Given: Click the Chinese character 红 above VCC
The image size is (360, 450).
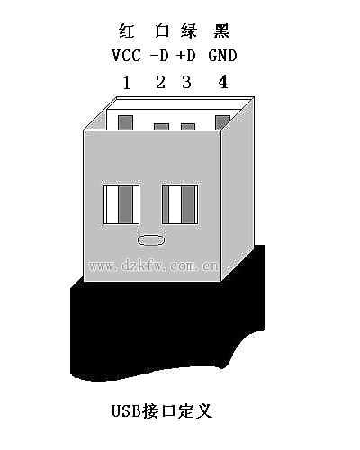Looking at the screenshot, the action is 126,31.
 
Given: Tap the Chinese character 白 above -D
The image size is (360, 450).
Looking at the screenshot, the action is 162,31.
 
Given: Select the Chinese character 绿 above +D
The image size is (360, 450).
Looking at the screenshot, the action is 189,31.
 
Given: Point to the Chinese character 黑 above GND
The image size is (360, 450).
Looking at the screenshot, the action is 221,31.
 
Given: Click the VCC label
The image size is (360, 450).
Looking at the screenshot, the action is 126,56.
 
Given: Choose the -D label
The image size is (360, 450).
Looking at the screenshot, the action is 159,56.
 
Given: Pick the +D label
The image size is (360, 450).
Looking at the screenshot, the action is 186,56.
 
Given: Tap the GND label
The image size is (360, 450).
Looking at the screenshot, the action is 222,56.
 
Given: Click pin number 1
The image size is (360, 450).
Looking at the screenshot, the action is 127,83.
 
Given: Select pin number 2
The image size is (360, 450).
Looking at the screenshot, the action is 161,82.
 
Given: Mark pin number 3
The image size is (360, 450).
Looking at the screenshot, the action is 186,82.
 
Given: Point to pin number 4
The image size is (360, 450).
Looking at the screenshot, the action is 223,82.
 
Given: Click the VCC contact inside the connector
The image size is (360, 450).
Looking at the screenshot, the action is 126,122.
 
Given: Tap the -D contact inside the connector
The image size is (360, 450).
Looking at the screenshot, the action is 161,127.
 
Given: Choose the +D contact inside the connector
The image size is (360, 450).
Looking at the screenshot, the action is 188,127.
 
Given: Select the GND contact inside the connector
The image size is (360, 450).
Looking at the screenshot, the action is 222,122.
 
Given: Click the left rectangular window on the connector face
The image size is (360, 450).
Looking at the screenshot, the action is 121,204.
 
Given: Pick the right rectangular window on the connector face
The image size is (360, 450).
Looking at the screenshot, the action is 180,204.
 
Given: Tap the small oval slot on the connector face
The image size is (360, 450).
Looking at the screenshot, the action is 151,240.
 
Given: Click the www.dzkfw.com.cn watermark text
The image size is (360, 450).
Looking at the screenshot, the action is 153,265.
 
